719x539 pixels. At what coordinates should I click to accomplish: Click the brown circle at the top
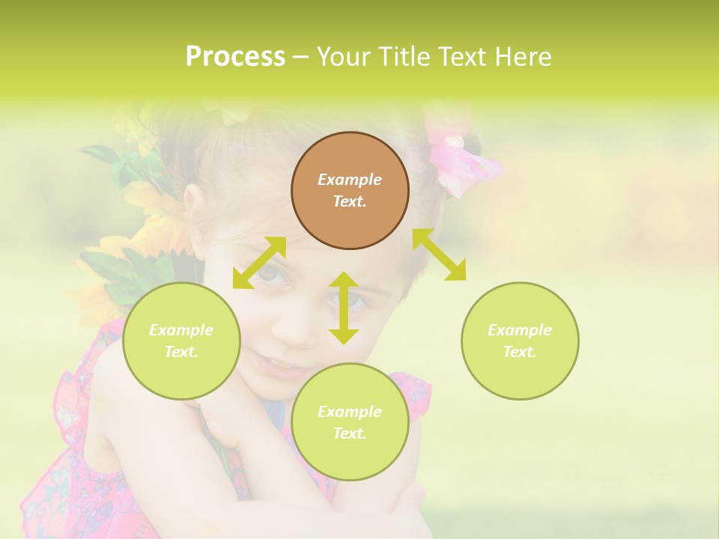coord(350,190)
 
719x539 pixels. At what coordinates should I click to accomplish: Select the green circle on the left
coord(181,341)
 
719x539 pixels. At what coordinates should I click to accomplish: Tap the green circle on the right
coord(520,341)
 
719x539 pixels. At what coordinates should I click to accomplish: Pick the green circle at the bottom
coord(350,422)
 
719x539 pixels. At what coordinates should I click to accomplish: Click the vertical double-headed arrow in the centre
coord(344,308)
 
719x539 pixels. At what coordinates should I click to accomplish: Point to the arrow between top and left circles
coord(259,263)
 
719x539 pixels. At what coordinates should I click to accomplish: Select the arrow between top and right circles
coord(440,255)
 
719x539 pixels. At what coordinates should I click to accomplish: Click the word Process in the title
coord(235,57)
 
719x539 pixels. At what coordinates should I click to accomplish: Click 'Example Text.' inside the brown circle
coord(350,190)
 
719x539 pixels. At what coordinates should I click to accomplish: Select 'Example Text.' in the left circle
coord(181,341)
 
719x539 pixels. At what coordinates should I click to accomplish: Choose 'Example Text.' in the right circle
coord(520,341)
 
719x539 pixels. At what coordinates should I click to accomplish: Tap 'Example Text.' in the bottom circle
coord(350,422)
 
